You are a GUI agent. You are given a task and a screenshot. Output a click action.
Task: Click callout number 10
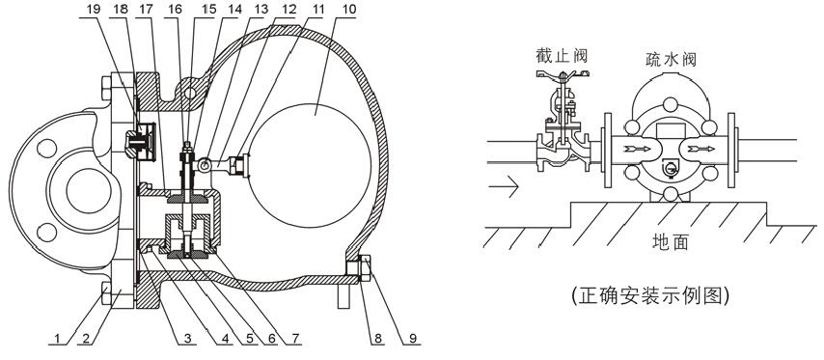[348, 10]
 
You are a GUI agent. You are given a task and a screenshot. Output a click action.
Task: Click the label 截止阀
[562, 55]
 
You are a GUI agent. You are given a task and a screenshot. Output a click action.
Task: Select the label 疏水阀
[672, 59]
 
